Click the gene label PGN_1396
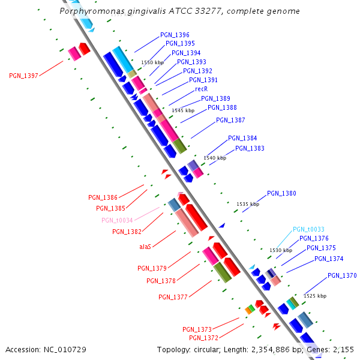175,35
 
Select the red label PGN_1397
23,76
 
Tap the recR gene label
201,89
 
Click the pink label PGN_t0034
117,220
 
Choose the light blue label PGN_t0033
308,229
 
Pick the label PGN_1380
281,193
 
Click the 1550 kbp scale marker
152,62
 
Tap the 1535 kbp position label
248,204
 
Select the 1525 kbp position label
315,296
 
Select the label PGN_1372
203,338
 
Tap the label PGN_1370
342,275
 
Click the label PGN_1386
103,197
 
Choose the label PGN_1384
242,138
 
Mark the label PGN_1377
173,297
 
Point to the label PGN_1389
215,98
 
